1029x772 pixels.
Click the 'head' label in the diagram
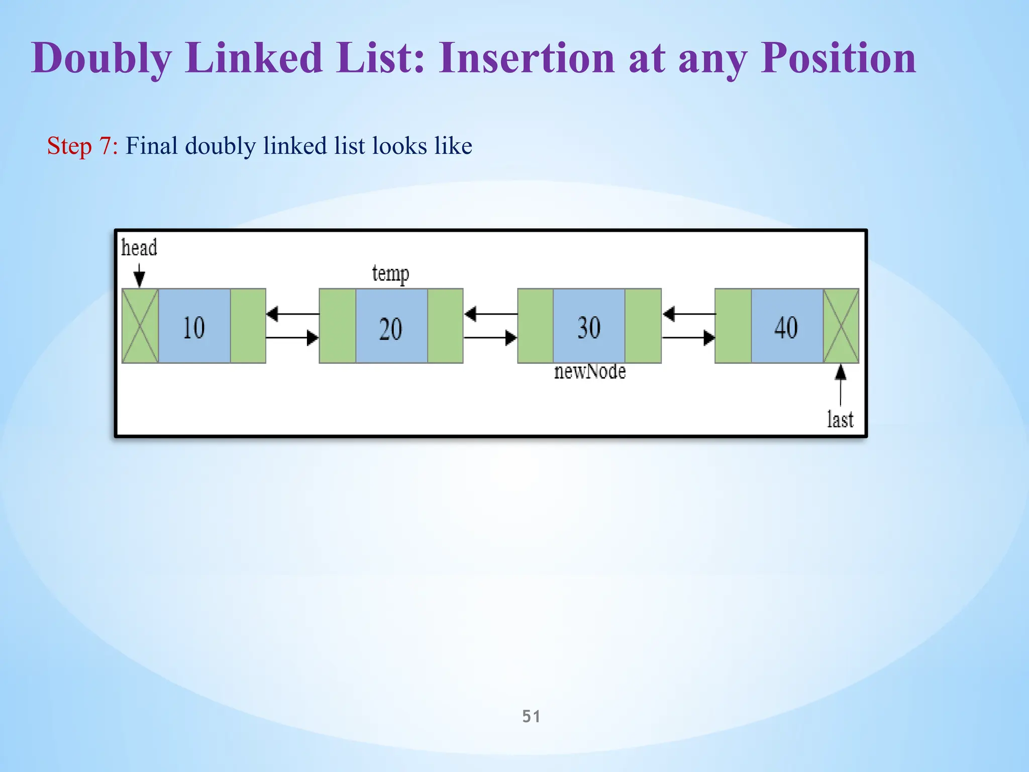(x=139, y=248)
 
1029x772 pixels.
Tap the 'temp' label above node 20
(x=390, y=274)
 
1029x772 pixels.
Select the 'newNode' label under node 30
(x=590, y=372)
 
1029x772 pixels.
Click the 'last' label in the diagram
(x=840, y=419)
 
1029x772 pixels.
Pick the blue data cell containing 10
(x=194, y=326)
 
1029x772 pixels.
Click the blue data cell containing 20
(x=391, y=326)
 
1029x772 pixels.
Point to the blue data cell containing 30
(x=589, y=326)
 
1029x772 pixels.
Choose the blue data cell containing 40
(x=787, y=326)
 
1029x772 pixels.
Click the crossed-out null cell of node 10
(x=140, y=326)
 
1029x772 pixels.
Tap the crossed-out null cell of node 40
(x=841, y=326)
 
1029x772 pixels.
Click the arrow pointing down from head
(x=139, y=275)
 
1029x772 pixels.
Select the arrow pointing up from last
(x=840, y=384)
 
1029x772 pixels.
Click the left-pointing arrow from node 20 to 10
(x=292, y=314)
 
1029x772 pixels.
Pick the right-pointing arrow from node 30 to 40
(x=688, y=338)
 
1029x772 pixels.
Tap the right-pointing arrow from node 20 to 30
(x=490, y=338)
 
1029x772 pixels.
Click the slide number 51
(x=531, y=716)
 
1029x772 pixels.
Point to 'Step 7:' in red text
(x=82, y=146)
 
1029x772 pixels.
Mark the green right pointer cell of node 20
(x=445, y=326)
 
